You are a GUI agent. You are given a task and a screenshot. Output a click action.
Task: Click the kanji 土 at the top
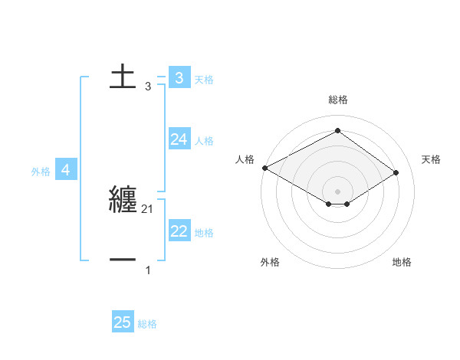pos(123,77)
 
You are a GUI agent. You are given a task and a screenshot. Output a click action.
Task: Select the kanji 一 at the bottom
pos(123,260)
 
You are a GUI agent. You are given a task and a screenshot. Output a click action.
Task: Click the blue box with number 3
pos(179,77)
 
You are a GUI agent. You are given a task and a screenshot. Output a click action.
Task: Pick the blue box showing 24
pos(179,139)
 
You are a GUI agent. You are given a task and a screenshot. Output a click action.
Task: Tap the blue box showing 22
pos(179,231)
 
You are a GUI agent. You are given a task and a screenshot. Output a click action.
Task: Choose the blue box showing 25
pos(123,322)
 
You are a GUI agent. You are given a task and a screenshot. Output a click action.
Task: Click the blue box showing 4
pos(66,170)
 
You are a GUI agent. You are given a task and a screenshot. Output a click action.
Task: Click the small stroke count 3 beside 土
pos(148,87)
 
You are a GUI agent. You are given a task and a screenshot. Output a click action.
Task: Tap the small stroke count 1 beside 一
pos(148,270)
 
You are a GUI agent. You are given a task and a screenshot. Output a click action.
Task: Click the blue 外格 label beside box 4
pos(41,172)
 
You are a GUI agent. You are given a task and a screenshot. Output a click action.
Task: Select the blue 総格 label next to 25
pos(147,324)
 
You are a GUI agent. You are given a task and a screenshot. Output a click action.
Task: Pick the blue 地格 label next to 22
pos(204,233)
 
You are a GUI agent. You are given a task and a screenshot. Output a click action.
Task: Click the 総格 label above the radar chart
pos(337,100)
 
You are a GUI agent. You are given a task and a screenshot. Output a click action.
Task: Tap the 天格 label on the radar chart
pos(431,159)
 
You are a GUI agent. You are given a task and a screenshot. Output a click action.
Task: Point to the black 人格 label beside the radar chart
pos(244,159)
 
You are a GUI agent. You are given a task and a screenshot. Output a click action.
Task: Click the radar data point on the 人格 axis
pos(264,168)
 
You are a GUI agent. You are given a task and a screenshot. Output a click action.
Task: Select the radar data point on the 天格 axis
pos(396,172)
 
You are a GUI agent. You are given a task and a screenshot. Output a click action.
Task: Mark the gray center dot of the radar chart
pos(337,190)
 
